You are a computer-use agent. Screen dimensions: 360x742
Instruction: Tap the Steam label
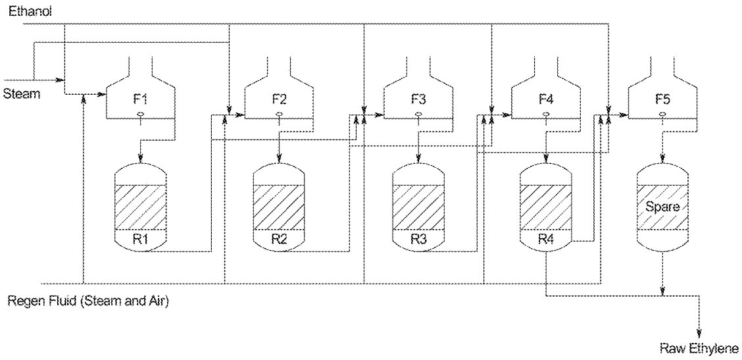point(20,93)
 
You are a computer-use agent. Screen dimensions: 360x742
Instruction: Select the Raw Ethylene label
point(699,348)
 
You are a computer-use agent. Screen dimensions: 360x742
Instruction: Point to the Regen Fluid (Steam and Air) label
point(88,302)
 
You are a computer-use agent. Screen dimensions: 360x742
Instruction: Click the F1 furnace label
point(141,100)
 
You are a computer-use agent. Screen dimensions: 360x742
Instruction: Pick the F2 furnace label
point(280,100)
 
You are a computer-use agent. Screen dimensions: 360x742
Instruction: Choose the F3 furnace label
point(418,100)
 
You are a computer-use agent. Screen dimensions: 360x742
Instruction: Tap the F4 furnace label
point(546,100)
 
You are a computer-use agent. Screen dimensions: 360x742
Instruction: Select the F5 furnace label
point(662,100)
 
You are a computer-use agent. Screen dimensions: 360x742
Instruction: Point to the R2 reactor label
point(280,238)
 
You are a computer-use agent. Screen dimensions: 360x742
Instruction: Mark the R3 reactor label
point(419,238)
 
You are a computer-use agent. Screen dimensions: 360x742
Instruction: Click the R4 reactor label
point(546,238)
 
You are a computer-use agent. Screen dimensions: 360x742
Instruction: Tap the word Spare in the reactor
point(662,206)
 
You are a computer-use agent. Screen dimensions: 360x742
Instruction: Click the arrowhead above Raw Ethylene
point(699,333)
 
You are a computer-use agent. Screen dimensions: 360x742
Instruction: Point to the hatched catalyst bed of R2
point(280,205)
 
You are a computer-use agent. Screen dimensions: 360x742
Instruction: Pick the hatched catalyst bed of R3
point(419,205)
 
